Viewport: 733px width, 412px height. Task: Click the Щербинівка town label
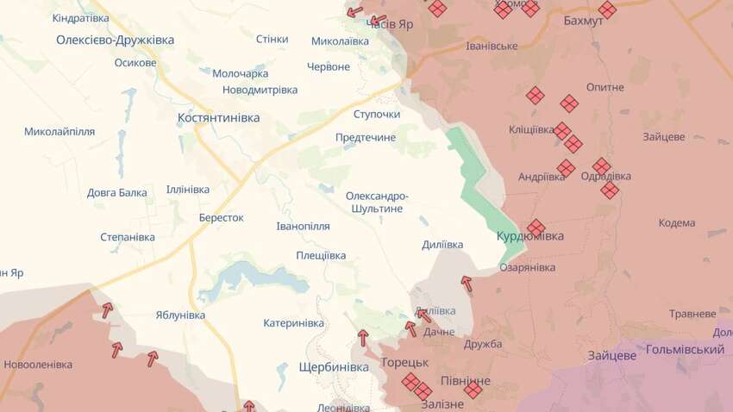[x=332, y=367]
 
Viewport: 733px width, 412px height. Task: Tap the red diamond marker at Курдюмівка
[x=536, y=228]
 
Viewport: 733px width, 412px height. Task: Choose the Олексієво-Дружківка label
[x=115, y=40]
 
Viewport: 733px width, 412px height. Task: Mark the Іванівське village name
[x=491, y=46]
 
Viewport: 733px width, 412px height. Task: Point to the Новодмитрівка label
[x=260, y=90]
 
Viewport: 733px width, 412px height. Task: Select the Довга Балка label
[x=117, y=192]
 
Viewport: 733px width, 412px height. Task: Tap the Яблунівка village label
[x=180, y=316]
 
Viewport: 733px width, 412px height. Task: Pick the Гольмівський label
[x=684, y=350]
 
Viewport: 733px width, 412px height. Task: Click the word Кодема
[x=676, y=223]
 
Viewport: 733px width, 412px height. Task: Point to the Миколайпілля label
[x=60, y=132]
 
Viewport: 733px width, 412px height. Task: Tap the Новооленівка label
[x=38, y=365]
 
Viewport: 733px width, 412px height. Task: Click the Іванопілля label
[x=303, y=226]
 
